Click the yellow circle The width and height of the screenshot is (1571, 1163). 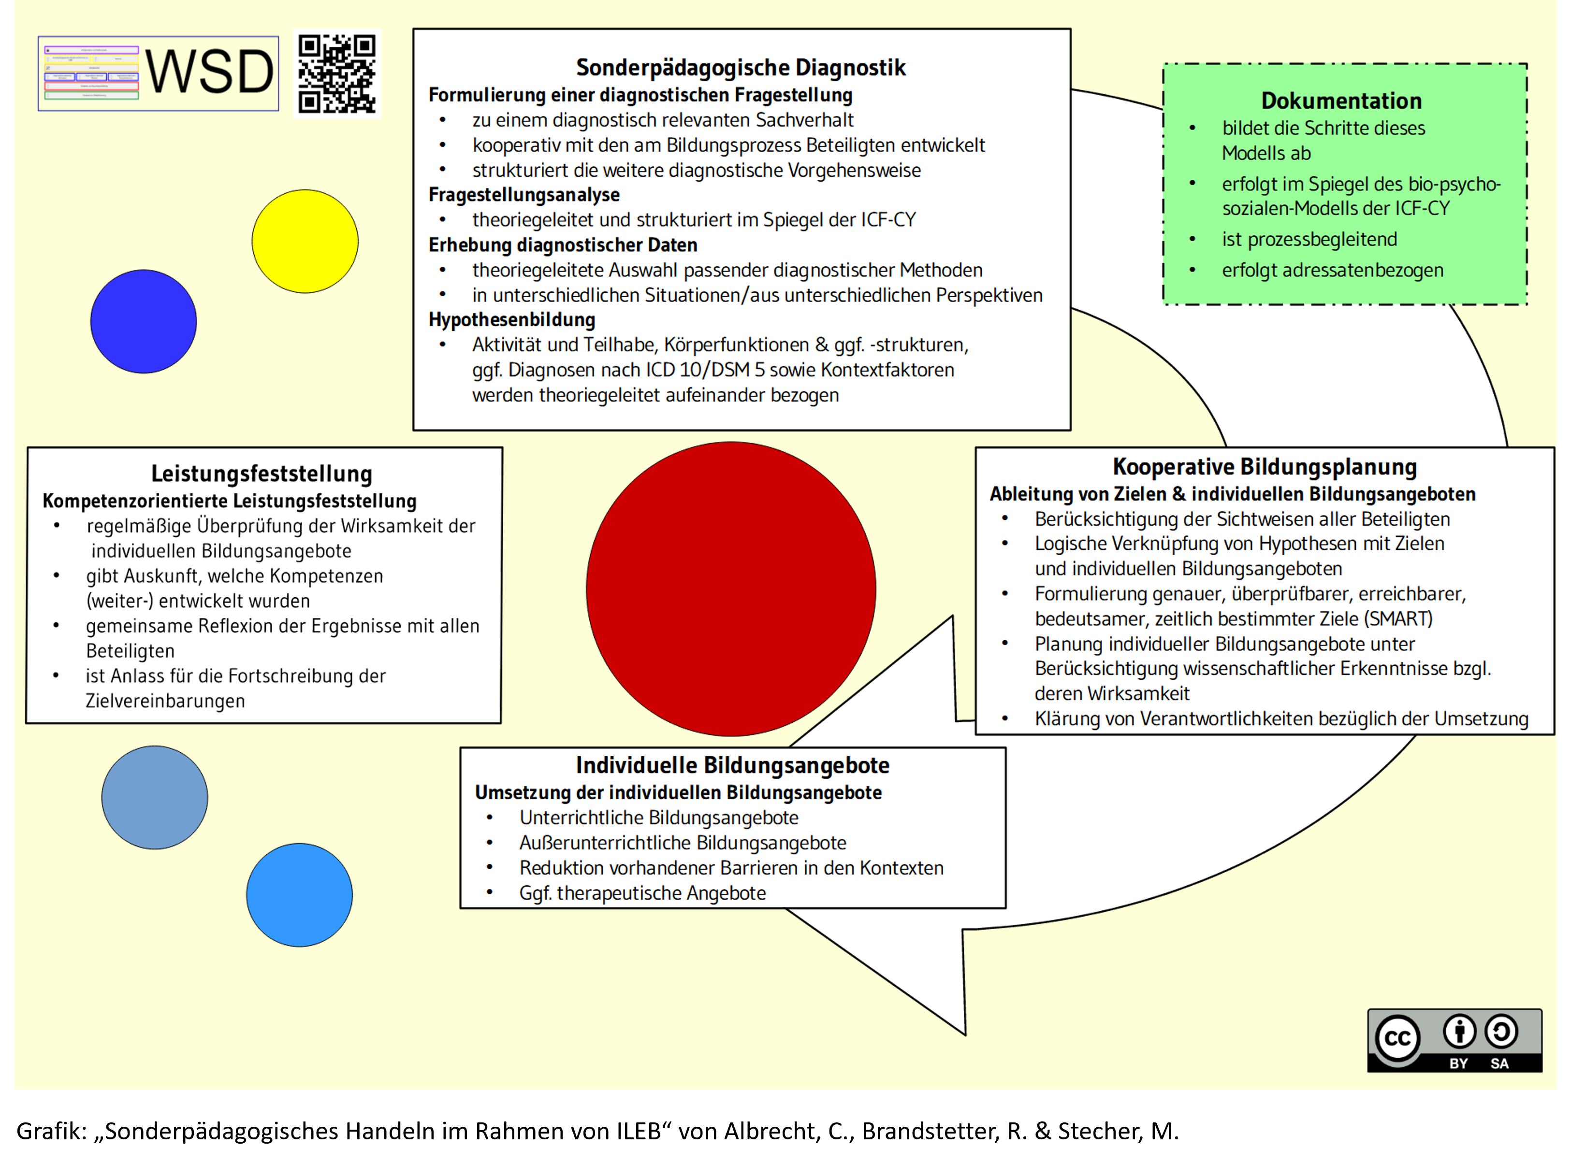[x=305, y=241]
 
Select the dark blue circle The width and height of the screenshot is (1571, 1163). [x=144, y=322]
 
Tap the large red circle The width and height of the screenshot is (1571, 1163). [x=731, y=589]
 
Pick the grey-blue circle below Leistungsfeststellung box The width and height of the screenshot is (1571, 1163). [x=155, y=798]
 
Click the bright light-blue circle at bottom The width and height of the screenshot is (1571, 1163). [x=299, y=895]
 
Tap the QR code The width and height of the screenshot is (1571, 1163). [x=336, y=73]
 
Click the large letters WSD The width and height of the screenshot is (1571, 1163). [x=209, y=72]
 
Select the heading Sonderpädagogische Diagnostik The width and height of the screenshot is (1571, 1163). [x=740, y=68]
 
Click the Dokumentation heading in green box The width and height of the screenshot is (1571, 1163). [x=1341, y=101]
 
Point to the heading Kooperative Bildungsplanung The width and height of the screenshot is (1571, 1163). [x=1264, y=467]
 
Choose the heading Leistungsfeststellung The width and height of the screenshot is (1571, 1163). [x=261, y=474]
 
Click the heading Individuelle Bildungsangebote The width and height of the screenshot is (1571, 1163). [x=732, y=765]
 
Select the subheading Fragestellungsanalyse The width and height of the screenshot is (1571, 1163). [x=524, y=195]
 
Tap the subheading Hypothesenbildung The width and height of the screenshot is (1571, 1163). [x=512, y=319]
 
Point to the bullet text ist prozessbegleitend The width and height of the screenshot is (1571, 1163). [x=1309, y=239]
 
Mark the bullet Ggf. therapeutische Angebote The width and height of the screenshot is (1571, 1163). [x=642, y=893]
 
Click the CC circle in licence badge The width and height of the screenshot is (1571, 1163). [x=1397, y=1038]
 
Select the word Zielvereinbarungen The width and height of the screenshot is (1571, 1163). [x=165, y=701]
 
